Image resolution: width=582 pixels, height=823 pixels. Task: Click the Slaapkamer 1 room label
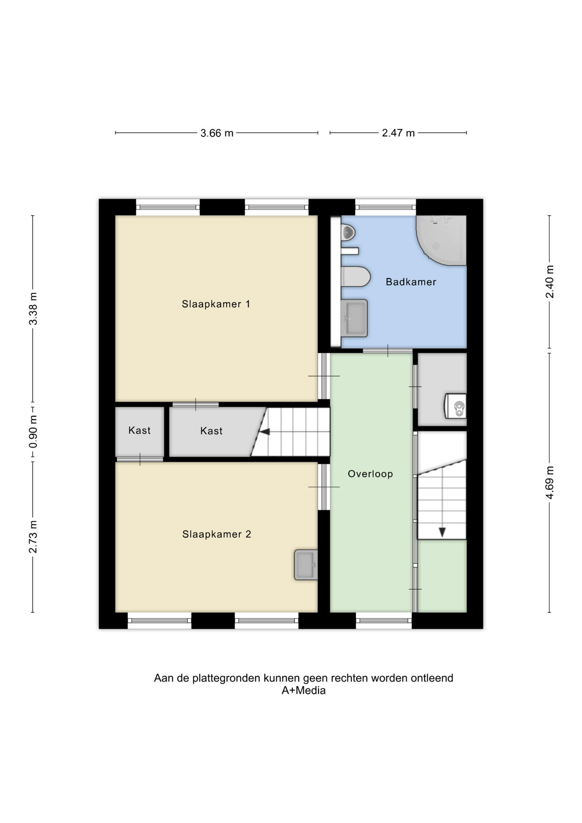(216, 304)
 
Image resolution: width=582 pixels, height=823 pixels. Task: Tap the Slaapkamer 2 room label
(216, 534)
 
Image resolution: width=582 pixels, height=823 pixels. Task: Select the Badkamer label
(411, 282)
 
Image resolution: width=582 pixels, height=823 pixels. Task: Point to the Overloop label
(370, 474)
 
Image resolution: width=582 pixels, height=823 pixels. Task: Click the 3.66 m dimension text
(217, 133)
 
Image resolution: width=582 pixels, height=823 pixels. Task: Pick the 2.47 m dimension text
(399, 133)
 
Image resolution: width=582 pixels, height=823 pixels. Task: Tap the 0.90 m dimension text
(33, 432)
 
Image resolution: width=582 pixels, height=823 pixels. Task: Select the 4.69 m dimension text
(550, 483)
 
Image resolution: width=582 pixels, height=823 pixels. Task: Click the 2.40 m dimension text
(550, 282)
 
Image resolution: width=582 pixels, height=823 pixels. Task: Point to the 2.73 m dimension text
(33, 537)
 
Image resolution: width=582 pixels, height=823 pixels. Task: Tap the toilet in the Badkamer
(356, 276)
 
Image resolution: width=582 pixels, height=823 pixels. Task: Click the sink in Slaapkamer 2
(306, 565)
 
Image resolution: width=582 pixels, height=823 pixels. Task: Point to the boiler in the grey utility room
(456, 406)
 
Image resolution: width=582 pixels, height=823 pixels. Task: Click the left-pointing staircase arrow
(265, 432)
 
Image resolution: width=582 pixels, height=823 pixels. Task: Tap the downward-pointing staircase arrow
(442, 532)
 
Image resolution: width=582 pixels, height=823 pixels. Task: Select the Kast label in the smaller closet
(139, 430)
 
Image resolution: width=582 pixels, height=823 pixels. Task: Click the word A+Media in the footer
(303, 691)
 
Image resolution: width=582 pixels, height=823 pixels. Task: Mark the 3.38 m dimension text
(33, 309)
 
